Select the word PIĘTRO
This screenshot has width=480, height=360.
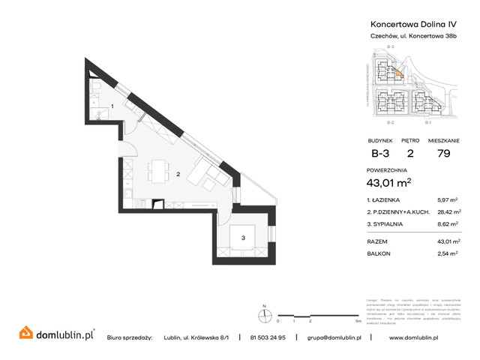coord(409,140)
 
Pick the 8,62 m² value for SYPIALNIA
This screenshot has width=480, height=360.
coord(448,223)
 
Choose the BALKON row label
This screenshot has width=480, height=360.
coord(378,253)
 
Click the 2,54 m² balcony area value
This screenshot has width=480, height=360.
coord(448,253)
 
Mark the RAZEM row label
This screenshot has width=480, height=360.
coord(377,241)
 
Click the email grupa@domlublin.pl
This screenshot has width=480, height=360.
coord(334,337)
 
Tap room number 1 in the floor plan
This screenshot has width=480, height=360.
coord(112,106)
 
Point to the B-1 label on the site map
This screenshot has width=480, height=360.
coord(427,121)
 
